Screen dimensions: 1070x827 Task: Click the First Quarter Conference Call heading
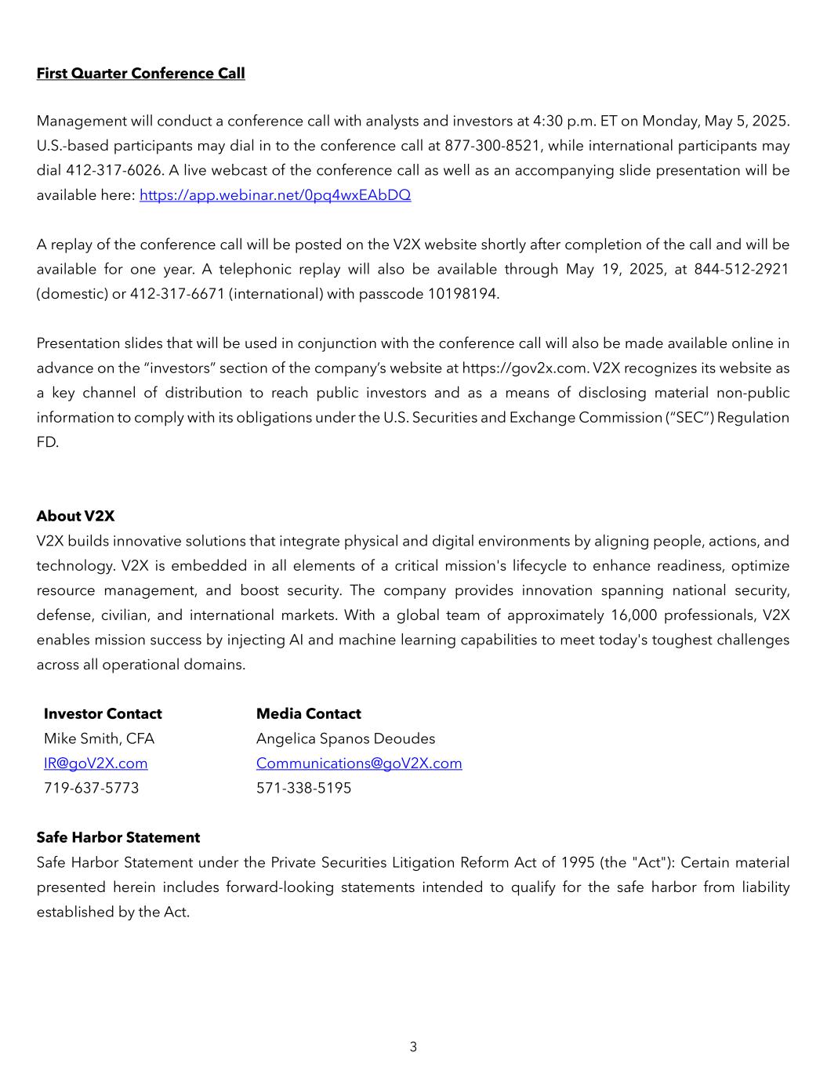[x=140, y=74]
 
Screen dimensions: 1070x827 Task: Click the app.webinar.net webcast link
[x=274, y=195]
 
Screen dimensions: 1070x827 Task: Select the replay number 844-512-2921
[x=741, y=270]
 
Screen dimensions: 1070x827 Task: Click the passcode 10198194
[x=462, y=295]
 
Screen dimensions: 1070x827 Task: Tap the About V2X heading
[x=75, y=517]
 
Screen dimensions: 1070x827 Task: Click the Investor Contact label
[x=103, y=714]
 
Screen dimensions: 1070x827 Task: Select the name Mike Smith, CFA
[x=99, y=739]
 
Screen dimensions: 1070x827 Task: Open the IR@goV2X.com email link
[x=96, y=764]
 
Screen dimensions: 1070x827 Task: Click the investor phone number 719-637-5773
[x=91, y=789]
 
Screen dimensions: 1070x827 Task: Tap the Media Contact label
[x=308, y=714]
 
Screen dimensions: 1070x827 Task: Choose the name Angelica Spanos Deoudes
[x=345, y=739]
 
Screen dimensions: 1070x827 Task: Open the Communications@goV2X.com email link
[x=359, y=764]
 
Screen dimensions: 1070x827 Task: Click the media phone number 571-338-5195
[x=303, y=789]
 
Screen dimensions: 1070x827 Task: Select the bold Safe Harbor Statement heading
[x=118, y=838]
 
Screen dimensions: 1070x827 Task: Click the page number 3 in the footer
[x=413, y=1047]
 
